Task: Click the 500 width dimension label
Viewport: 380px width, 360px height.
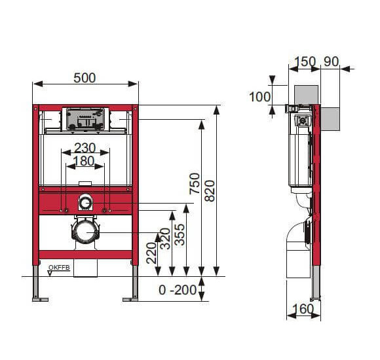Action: tap(85, 78)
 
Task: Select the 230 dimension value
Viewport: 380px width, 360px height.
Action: tap(85, 147)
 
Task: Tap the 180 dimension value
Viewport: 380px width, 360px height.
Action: tap(84, 161)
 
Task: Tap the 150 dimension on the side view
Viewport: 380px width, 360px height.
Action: tap(305, 62)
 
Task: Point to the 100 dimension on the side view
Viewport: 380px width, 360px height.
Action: tap(260, 97)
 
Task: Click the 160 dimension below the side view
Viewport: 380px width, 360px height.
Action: tap(303, 308)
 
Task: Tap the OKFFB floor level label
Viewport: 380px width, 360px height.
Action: tap(59, 266)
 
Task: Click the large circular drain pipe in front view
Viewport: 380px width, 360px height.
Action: tap(85, 231)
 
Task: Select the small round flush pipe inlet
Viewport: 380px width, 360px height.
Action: tap(85, 203)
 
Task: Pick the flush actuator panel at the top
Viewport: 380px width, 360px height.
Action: tap(85, 118)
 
